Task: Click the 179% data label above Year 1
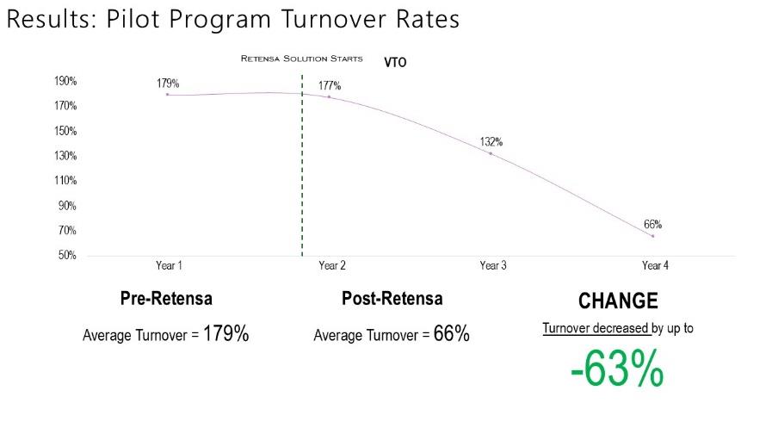pyautogui.click(x=168, y=84)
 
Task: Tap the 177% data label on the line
pyautogui.click(x=330, y=86)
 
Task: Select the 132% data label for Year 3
pyautogui.click(x=491, y=142)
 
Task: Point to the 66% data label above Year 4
pyautogui.click(x=653, y=225)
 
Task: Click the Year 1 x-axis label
pyautogui.click(x=169, y=266)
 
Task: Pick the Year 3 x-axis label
pyautogui.click(x=493, y=266)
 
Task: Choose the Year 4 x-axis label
pyautogui.click(x=655, y=266)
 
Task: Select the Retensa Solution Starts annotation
pyautogui.click(x=301, y=59)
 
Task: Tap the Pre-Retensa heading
pyautogui.click(x=166, y=300)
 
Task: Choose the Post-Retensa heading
pyautogui.click(x=392, y=300)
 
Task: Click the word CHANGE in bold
pyautogui.click(x=618, y=301)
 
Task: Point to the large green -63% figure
pyautogui.click(x=617, y=371)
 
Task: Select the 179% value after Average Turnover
pyautogui.click(x=225, y=334)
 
